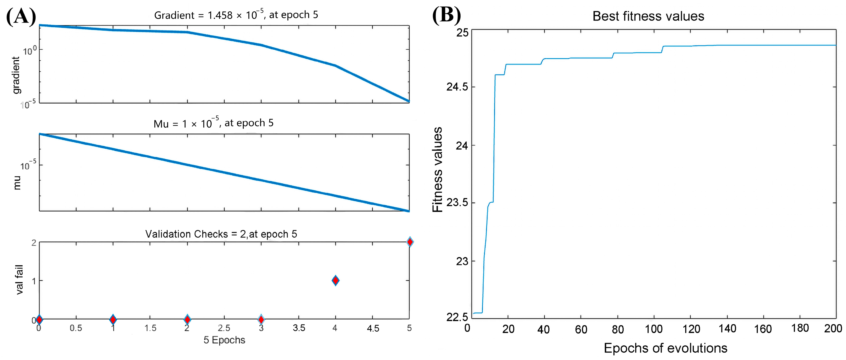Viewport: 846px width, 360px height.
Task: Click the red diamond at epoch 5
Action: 409,242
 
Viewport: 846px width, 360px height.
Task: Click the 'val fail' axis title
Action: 19,280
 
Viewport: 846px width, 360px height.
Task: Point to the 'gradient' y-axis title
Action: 16,75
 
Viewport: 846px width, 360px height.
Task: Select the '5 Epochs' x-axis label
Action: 224,340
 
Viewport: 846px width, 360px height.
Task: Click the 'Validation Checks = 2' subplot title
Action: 221,234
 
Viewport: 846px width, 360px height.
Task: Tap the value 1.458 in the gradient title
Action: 220,15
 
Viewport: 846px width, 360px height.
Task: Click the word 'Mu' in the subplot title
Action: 161,124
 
